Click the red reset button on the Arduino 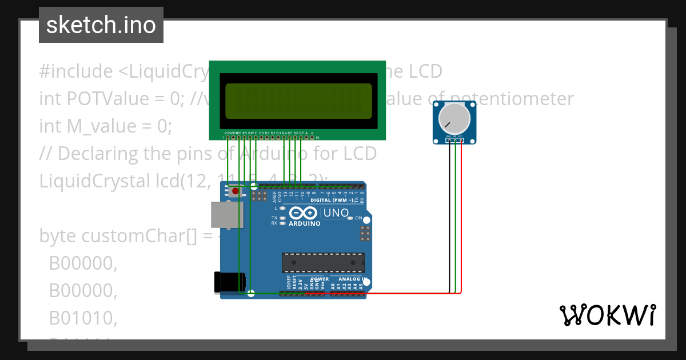point(235,192)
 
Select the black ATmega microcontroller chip point(323,262)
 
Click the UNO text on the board point(336,213)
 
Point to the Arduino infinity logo point(303,214)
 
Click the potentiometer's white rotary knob point(454,118)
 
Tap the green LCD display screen point(298,99)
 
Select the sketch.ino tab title point(101,25)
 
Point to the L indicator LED point(282,208)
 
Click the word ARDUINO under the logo point(304,224)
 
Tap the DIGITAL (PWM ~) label point(331,201)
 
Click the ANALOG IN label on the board point(349,279)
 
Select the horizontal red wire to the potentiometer point(412,294)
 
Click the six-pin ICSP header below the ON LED point(364,233)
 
